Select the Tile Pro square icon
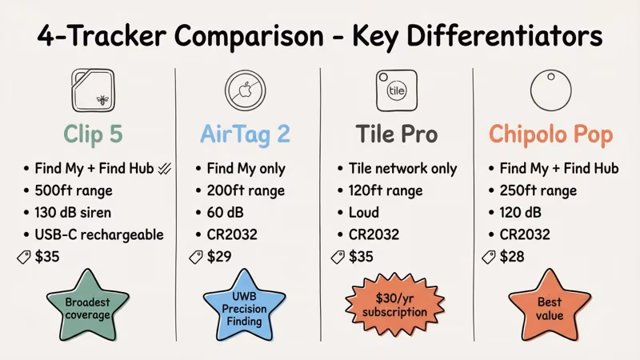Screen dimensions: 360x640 (396, 90)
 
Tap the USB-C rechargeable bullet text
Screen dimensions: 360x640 (99, 235)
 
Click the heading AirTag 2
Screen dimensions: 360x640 (244, 134)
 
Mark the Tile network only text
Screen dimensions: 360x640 (402, 169)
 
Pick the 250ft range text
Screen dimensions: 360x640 (538, 191)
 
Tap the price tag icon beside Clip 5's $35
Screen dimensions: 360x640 (23, 258)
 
